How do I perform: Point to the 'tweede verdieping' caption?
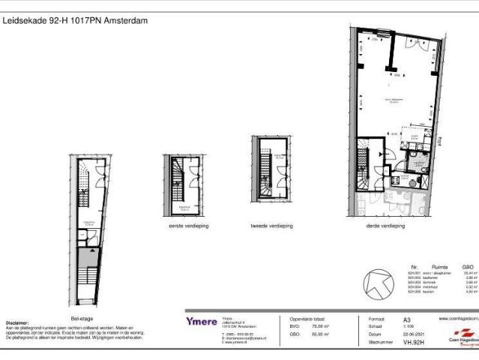tap(272, 225)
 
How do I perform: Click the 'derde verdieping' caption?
tap(385, 225)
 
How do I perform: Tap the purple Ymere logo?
tap(202, 321)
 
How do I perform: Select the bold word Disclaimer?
tap(17, 323)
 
